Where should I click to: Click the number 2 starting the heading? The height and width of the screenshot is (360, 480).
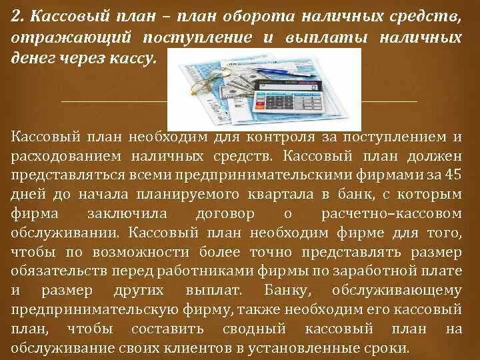point(16,14)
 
